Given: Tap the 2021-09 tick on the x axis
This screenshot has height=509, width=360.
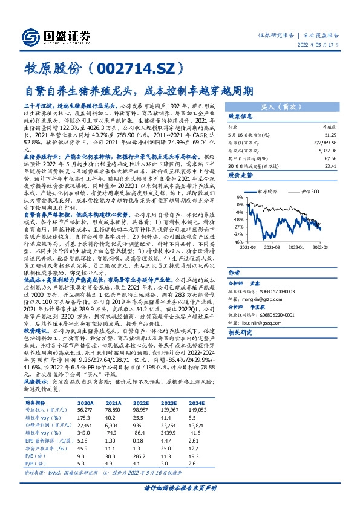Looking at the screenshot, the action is [273, 247].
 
